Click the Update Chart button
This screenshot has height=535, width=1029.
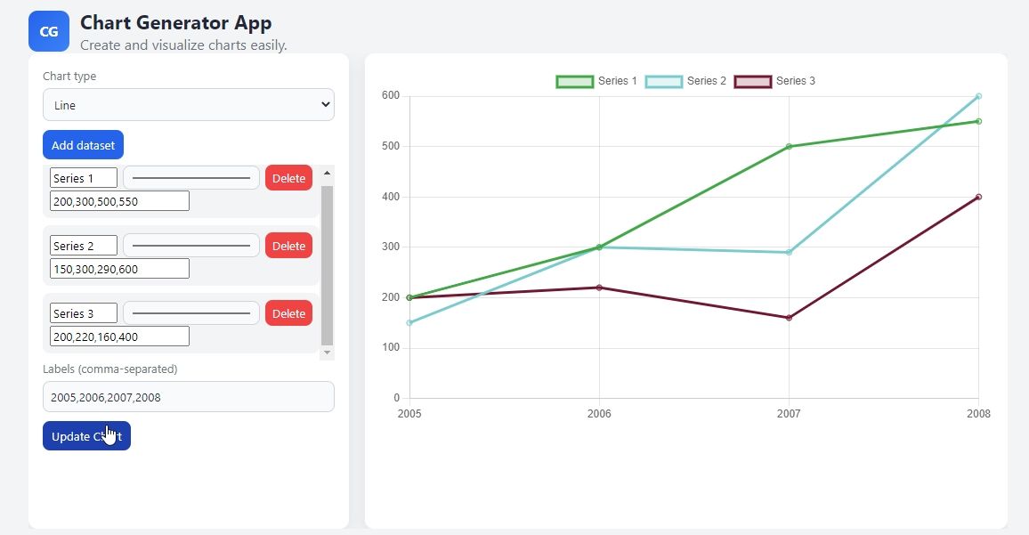[86, 436]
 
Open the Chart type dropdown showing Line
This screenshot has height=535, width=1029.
[188, 105]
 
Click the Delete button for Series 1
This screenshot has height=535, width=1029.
[288, 178]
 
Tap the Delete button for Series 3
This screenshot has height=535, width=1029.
[288, 313]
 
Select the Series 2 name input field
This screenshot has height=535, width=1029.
[84, 246]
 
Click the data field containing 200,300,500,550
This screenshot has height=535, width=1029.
[119, 201]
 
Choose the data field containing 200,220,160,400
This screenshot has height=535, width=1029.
[119, 336]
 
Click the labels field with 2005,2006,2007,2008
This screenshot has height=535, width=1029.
[188, 397]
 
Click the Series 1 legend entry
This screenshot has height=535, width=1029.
[596, 81]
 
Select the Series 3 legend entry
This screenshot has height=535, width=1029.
[774, 81]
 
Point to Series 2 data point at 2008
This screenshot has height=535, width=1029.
[978, 96]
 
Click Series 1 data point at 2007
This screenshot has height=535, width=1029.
[789, 147]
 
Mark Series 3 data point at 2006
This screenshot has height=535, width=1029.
[599, 288]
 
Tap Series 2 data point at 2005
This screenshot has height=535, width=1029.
[409, 322]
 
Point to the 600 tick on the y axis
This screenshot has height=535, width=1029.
[390, 96]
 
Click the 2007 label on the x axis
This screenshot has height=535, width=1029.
[789, 414]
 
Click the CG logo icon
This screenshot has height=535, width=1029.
[49, 32]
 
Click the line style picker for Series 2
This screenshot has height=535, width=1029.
[191, 246]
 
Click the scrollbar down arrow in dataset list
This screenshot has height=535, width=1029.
[327, 353]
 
